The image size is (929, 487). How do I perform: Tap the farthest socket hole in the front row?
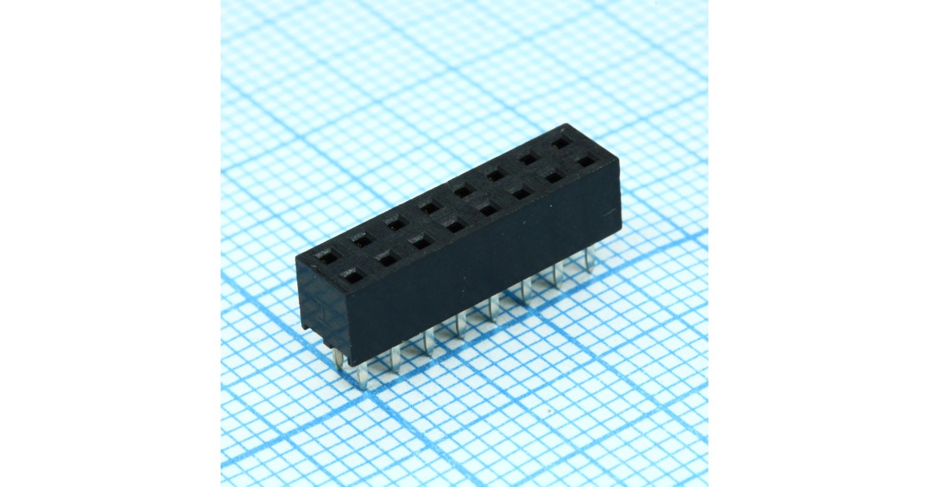tap(588, 162)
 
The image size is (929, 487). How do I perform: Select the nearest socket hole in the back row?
tap(328, 257)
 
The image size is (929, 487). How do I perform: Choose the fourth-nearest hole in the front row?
tap(455, 225)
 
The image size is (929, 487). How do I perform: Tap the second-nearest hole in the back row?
tap(362, 240)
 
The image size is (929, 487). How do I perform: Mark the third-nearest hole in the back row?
tap(396, 224)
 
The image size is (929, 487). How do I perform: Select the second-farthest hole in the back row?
tap(530, 159)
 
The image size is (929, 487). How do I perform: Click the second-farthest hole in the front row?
tap(554, 177)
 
